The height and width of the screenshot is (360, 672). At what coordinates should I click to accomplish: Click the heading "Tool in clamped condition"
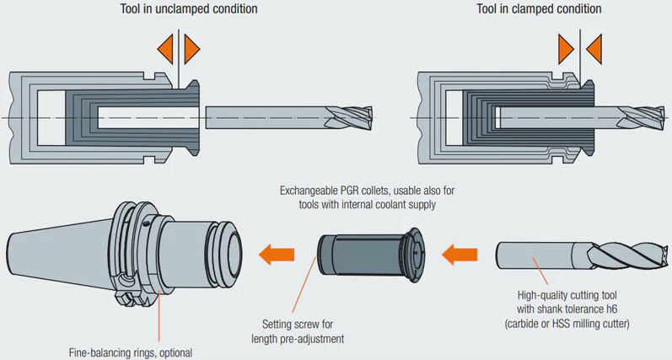(539, 9)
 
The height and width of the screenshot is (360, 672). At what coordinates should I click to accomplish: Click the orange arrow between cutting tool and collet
(461, 252)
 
